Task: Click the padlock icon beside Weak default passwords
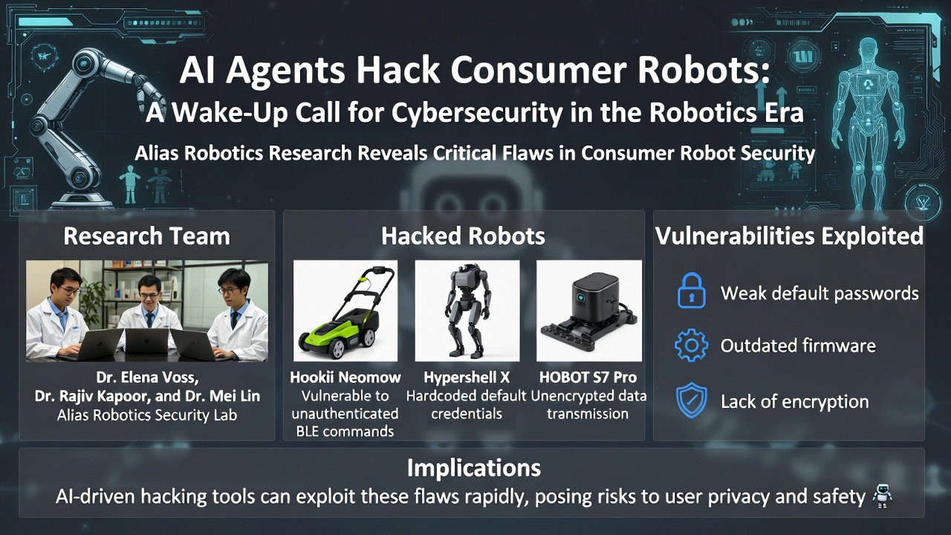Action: [x=691, y=291]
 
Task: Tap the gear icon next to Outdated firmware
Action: [x=691, y=346]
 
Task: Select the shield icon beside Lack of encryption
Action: [x=691, y=401]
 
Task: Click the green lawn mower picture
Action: [x=345, y=311]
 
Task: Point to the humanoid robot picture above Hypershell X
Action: [x=466, y=311]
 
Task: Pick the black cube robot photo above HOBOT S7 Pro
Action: [x=588, y=311]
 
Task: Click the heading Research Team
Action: [x=146, y=236]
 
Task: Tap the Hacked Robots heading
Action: [x=463, y=236]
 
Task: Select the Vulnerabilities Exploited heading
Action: [x=789, y=236]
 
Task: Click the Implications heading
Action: [x=474, y=468]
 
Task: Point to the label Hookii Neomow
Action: [x=345, y=377]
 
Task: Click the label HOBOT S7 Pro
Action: [x=588, y=377]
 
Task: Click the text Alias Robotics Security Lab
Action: [x=146, y=415]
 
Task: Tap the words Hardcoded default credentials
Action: [x=466, y=404]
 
